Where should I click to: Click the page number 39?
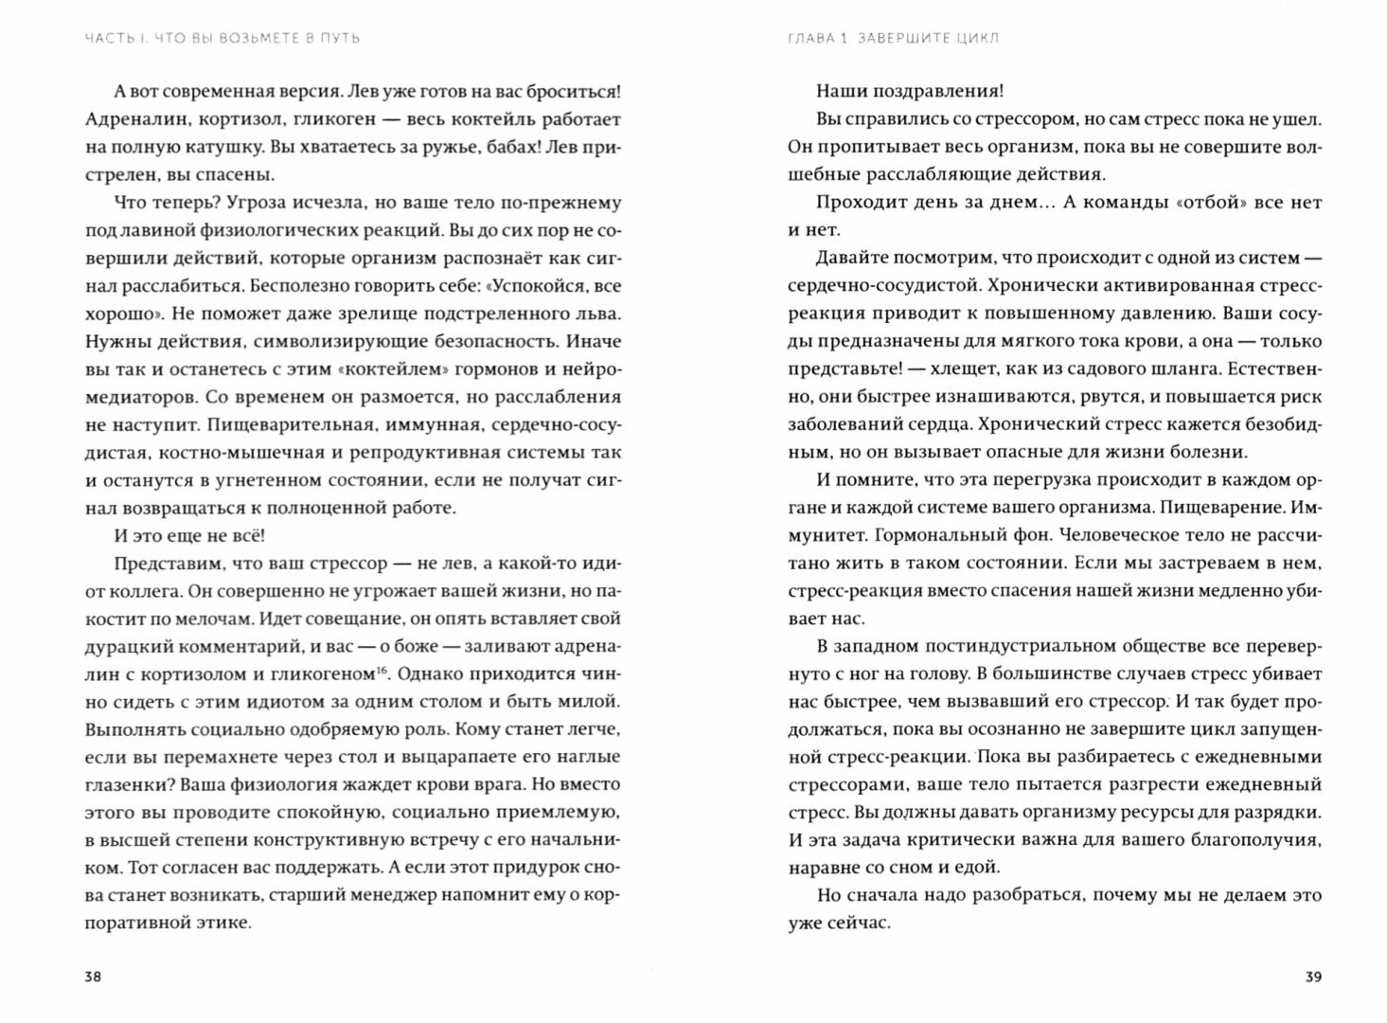click(1312, 978)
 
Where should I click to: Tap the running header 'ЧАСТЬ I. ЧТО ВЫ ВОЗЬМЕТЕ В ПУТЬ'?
click(222, 39)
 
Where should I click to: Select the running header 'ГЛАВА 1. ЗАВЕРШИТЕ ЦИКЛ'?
click(894, 39)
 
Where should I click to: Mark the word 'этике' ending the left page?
click(227, 922)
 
